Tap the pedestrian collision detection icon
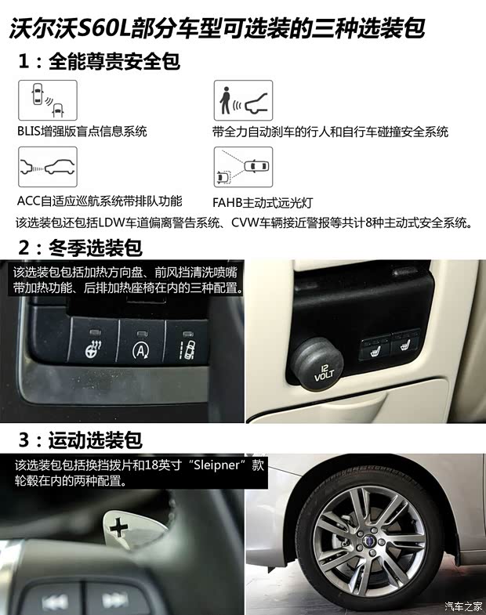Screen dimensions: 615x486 tap(243, 99)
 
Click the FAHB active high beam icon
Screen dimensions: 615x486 tap(243, 166)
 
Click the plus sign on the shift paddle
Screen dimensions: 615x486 tap(119, 528)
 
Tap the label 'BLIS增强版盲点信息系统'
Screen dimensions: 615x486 tap(82, 132)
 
